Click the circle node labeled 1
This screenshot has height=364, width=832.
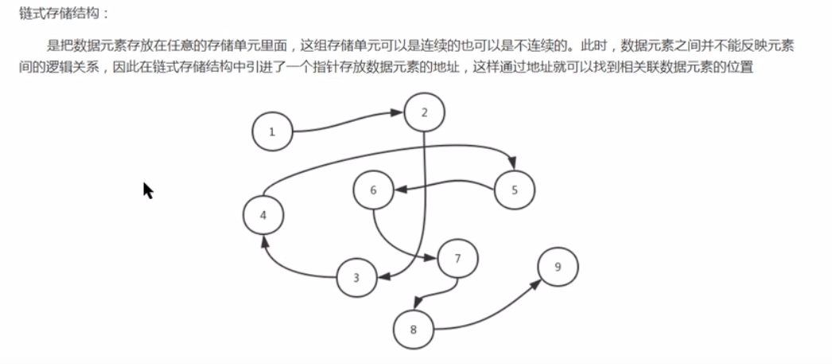tap(272, 131)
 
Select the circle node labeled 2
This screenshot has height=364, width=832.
tap(424, 112)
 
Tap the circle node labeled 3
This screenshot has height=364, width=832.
tap(356, 278)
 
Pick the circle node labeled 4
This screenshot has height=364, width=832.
tap(264, 215)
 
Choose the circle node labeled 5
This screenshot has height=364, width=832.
tap(514, 190)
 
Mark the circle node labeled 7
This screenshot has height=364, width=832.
tap(457, 259)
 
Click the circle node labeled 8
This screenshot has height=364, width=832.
tap(414, 328)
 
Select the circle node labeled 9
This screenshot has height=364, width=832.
tap(558, 267)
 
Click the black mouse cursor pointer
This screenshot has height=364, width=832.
tap(147, 190)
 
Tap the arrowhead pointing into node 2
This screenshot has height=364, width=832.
tap(398, 114)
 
